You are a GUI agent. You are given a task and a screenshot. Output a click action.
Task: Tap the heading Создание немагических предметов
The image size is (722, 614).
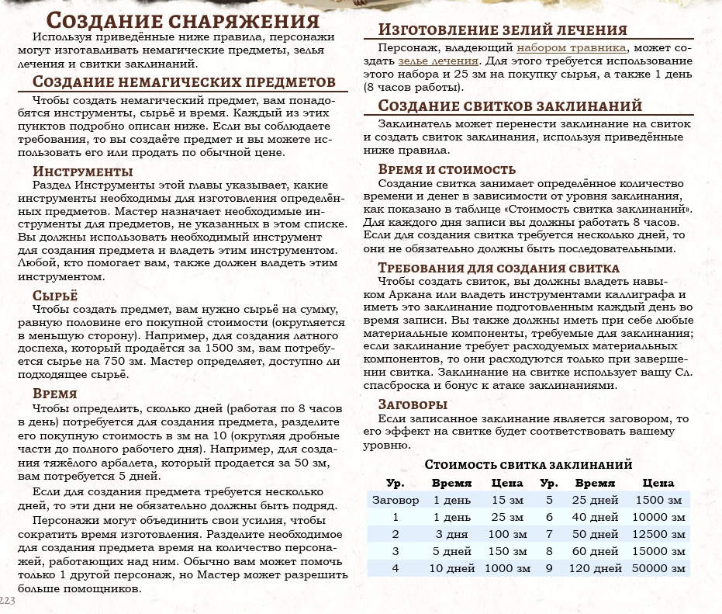(185, 83)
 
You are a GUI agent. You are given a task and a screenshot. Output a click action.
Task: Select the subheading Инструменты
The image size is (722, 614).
(83, 172)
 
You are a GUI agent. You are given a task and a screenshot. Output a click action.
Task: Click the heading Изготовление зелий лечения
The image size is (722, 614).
(503, 30)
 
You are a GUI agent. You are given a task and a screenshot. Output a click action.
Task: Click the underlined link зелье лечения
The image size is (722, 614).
(438, 61)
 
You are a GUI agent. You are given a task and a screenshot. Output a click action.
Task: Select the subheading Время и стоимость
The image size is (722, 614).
(447, 169)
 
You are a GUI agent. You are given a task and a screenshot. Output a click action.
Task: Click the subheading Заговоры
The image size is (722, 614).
(413, 404)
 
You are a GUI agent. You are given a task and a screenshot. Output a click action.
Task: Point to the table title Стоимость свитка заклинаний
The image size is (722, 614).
(528, 464)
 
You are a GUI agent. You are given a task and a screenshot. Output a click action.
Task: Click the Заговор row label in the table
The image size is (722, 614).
(396, 500)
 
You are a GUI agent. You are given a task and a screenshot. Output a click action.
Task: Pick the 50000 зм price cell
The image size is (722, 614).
(658, 568)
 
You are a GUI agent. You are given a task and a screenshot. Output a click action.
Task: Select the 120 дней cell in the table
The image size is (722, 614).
(594, 568)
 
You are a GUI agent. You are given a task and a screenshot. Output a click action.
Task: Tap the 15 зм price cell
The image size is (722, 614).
(508, 500)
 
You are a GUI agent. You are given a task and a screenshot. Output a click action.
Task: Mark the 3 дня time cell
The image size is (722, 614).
(451, 534)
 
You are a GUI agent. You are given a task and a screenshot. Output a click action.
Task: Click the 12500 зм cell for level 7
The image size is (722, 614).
(658, 534)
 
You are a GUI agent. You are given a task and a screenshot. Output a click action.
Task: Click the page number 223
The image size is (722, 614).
(7, 601)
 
